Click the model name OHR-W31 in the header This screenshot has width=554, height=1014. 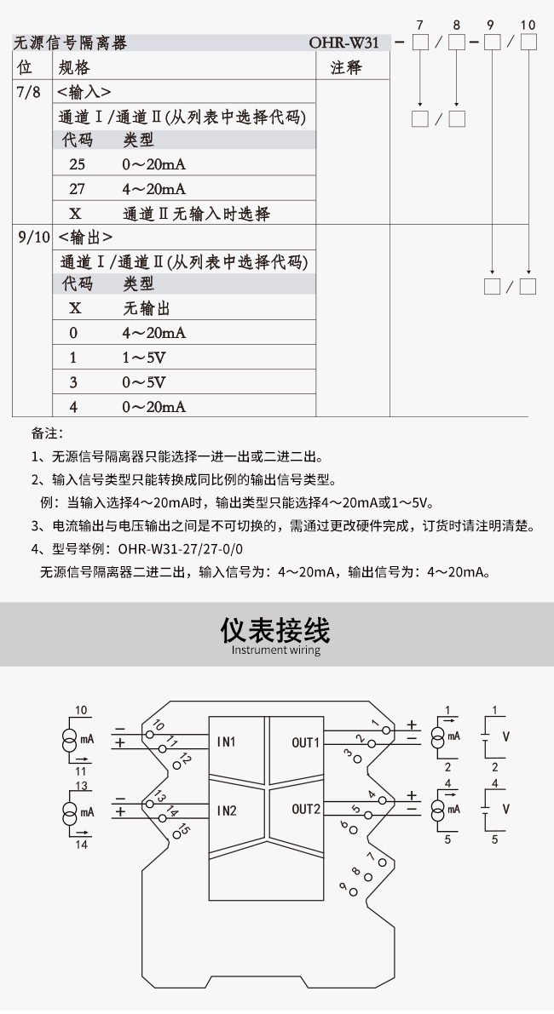[343, 43]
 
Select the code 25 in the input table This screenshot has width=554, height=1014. [77, 164]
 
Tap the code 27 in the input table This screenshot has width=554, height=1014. [77, 189]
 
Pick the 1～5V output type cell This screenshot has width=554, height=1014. [144, 358]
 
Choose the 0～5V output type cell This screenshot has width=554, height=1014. [144, 382]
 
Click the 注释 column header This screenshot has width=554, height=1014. [346, 68]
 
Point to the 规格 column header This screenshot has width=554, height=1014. [74, 68]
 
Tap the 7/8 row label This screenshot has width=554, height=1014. [28, 93]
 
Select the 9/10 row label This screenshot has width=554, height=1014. [33, 237]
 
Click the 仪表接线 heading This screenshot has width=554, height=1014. [275, 629]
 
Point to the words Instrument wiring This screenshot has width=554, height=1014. [275, 650]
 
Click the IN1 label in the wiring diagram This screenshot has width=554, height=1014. [226, 742]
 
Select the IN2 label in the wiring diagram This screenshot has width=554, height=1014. [226, 811]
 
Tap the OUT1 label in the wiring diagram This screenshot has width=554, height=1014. [305, 742]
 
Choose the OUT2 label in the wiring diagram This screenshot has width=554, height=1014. [305, 809]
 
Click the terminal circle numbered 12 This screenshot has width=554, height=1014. [176, 765]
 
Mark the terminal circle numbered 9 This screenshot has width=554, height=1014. [354, 891]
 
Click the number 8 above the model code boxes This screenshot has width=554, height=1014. [457, 26]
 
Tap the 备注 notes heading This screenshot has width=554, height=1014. [47, 433]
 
